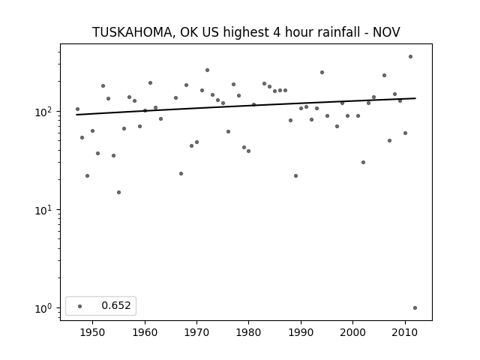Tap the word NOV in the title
click(386, 32)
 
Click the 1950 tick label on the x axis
click(92, 332)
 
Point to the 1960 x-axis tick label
click(145, 332)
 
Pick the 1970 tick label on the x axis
click(196, 332)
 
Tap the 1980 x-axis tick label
click(248, 332)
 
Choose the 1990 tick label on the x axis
click(301, 332)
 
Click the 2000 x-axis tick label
click(353, 332)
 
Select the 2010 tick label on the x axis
click(405, 332)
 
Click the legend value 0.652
click(116, 305)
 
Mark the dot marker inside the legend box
click(80, 306)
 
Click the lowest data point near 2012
click(415, 308)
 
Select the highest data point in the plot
click(410, 57)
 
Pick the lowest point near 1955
click(118, 192)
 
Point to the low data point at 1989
click(295, 175)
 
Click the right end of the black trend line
click(415, 98)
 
